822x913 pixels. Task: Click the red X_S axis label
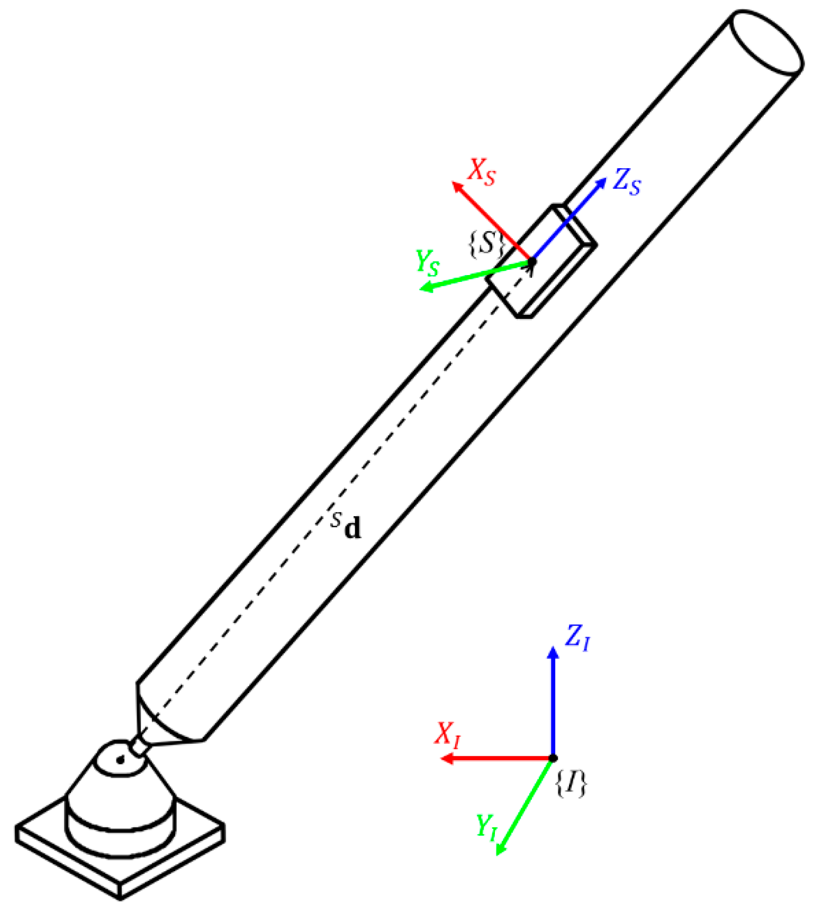tap(482, 172)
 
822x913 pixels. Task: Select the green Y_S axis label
tap(427, 262)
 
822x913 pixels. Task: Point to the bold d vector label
tap(352, 528)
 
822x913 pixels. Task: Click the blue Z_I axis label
tap(577, 637)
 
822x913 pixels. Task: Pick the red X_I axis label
tap(448, 734)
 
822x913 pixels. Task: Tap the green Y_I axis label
tap(486, 827)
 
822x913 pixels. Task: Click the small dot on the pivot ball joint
tap(120, 761)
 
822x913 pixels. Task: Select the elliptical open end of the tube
tap(766, 41)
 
